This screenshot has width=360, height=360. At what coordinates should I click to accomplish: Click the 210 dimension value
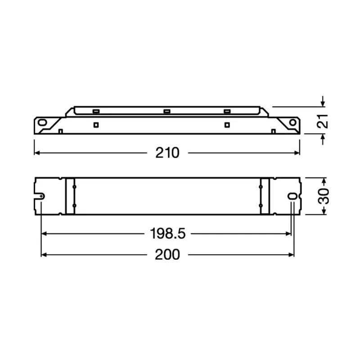pyautogui.click(x=167, y=153)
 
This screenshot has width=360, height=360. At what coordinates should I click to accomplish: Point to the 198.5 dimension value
pyautogui.click(x=167, y=234)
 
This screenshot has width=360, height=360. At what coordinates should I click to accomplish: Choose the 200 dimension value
pyautogui.click(x=167, y=255)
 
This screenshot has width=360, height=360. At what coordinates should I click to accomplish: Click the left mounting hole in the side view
pyautogui.click(x=42, y=122)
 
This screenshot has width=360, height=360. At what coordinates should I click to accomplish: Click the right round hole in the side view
pyautogui.click(x=293, y=122)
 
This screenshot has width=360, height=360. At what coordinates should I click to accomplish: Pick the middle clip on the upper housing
pyautogui.click(x=166, y=111)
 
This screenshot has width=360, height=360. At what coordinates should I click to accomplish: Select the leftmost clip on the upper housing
pyautogui.click(x=95, y=111)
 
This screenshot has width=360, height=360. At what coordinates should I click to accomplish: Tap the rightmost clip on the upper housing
pyautogui.click(x=226, y=111)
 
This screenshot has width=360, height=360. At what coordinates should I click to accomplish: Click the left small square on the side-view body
pyautogui.click(x=95, y=125)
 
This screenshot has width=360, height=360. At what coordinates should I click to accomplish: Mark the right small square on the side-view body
pyautogui.click(x=227, y=125)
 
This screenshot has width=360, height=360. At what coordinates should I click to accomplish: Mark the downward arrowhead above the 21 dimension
pyautogui.click(x=322, y=104)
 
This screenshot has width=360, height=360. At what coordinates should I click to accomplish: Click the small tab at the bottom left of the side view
pyautogui.click(x=60, y=131)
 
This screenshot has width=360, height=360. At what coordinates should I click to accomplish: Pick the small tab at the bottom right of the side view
pyautogui.click(x=273, y=131)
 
